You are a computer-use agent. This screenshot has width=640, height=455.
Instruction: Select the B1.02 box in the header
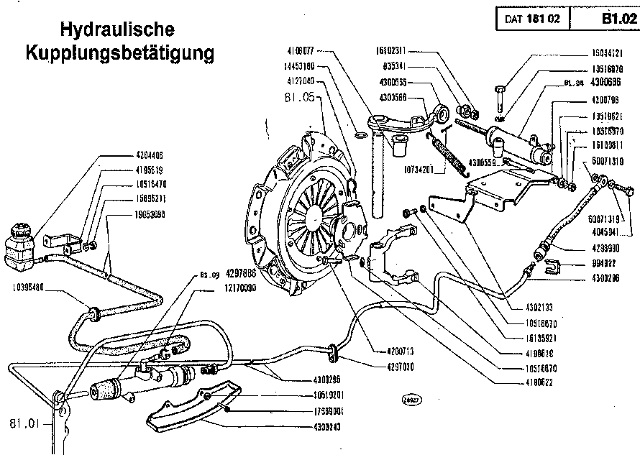click(615, 19)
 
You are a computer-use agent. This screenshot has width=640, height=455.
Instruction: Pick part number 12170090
click(236, 287)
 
